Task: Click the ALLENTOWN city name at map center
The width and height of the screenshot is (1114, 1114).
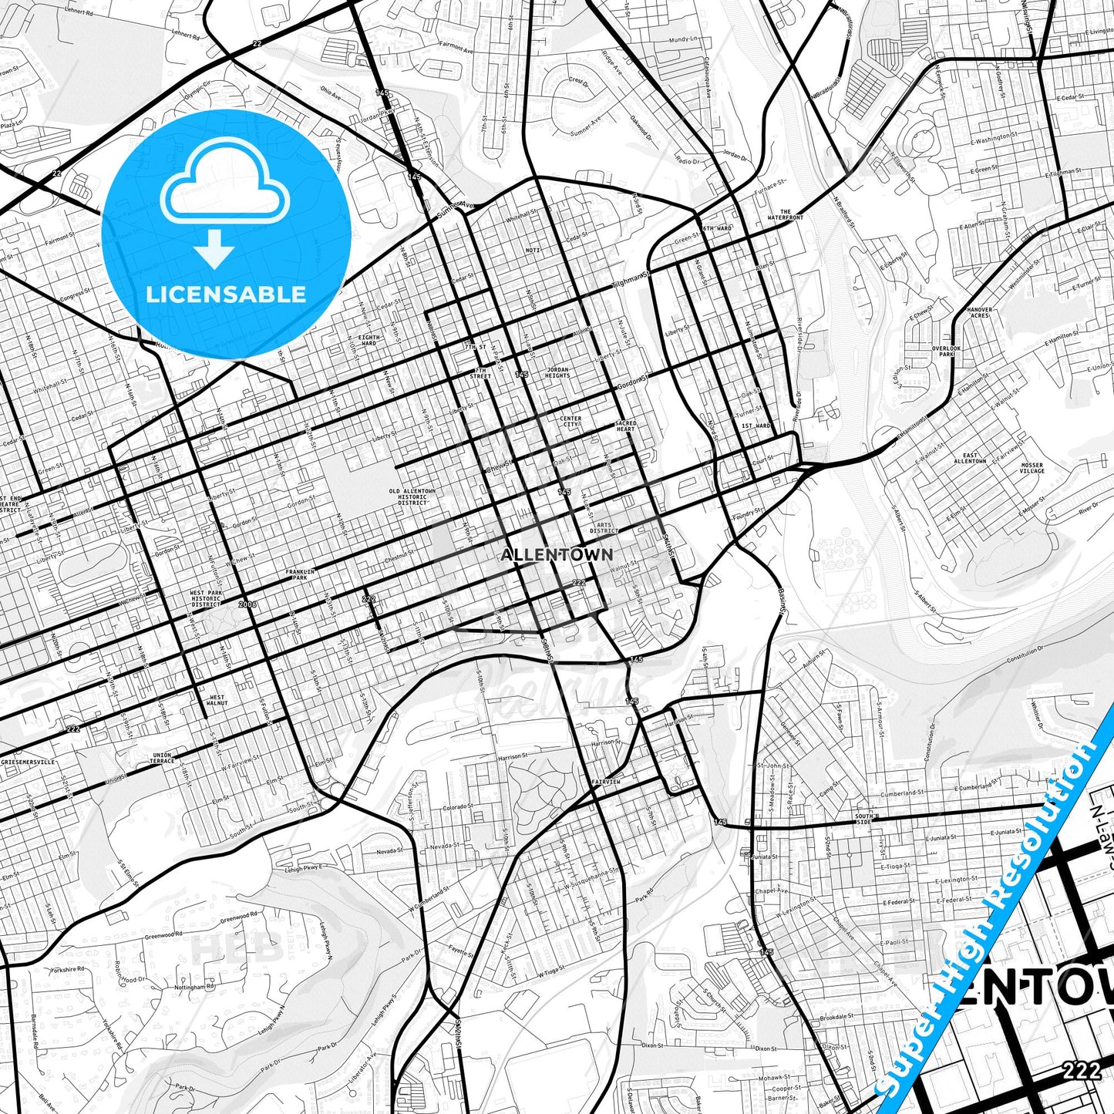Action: tap(557, 554)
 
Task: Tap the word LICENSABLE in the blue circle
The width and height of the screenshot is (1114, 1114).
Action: tap(226, 294)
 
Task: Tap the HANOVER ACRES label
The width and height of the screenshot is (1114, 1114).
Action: tap(979, 313)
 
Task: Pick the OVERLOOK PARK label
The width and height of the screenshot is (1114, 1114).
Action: tap(946, 352)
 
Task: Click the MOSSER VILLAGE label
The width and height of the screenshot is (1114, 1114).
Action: tap(1032, 468)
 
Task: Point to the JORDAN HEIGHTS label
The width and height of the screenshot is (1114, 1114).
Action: tap(557, 372)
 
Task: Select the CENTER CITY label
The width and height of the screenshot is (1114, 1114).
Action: tap(570, 421)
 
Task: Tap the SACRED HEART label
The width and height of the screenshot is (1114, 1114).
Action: tap(625, 426)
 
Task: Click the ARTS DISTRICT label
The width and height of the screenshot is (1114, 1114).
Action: tap(604, 527)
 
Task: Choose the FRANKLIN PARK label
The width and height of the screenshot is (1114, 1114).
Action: tap(297, 574)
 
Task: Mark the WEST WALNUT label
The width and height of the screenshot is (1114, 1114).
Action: tap(217, 700)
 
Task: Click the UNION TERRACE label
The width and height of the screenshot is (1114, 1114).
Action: tap(162, 758)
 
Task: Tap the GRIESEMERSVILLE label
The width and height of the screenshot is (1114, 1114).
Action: tap(28, 762)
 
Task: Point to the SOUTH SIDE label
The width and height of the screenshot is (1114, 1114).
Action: tap(863, 819)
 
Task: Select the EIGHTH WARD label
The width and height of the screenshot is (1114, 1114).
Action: tap(369, 340)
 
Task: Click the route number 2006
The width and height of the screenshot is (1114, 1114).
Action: tap(247, 604)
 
